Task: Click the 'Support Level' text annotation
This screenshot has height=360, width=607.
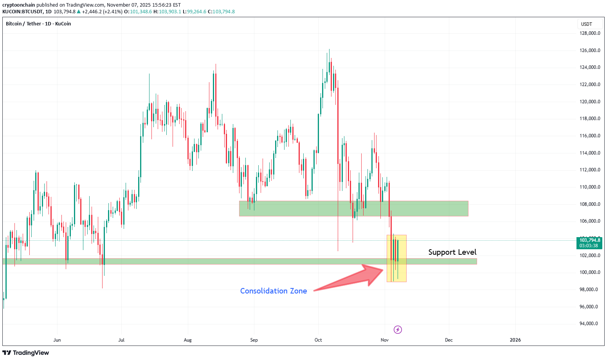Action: pyautogui.click(x=452, y=252)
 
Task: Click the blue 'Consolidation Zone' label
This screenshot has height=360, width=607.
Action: pyautogui.click(x=273, y=291)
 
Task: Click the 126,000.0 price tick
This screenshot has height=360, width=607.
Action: pyautogui.click(x=589, y=50)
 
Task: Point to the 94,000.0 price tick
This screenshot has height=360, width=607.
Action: pyautogui.click(x=589, y=324)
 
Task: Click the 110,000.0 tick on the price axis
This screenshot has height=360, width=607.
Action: pyautogui.click(x=589, y=187)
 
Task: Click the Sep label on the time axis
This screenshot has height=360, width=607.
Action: pyautogui.click(x=254, y=340)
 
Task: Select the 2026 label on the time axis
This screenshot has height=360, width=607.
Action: pyautogui.click(x=515, y=340)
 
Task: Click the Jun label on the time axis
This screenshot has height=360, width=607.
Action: pyautogui.click(x=57, y=340)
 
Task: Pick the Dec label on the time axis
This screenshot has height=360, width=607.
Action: pyautogui.click(x=448, y=340)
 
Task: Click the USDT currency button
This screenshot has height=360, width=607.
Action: pyautogui.click(x=586, y=24)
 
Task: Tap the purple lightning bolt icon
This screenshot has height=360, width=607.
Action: pyautogui.click(x=398, y=329)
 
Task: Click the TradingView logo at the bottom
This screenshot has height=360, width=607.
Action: pyautogui.click(x=26, y=353)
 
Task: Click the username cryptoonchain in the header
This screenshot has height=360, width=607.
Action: pyautogui.click(x=18, y=5)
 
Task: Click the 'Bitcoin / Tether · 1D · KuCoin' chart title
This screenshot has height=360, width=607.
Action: pyautogui.click(x=38, y=24)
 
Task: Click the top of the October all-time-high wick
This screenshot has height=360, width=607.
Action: pyautogui.click(x=329, y=50)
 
